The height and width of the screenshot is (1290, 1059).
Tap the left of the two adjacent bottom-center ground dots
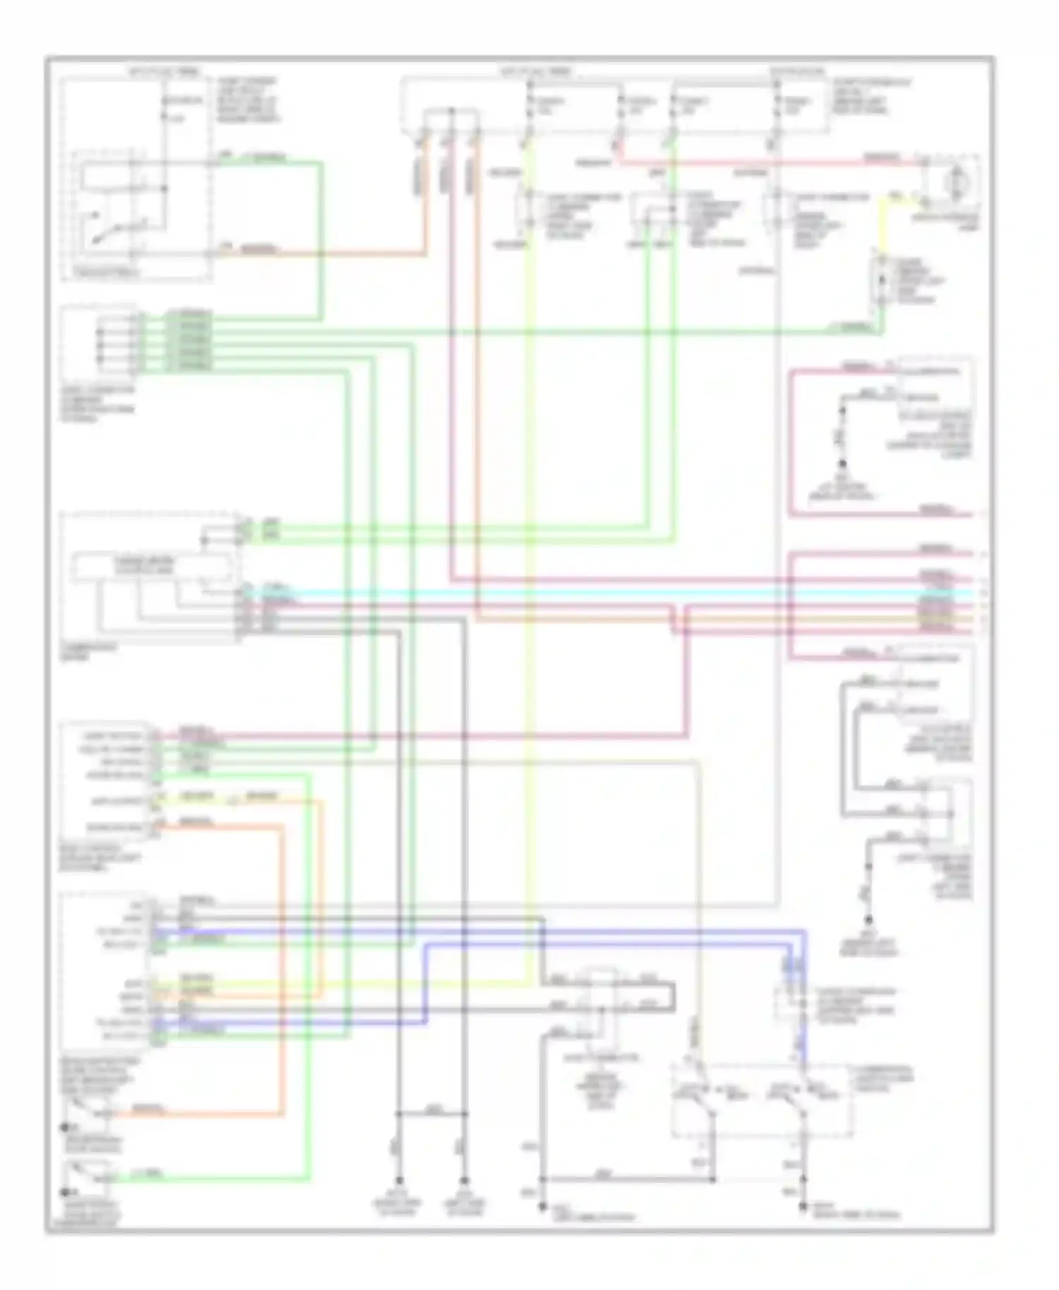coord(399,1180)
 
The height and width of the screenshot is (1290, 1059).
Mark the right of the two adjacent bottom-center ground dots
coord(464,1180)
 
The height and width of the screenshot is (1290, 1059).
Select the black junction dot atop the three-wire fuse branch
coord(451,111)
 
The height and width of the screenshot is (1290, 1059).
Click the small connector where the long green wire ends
coord(881,282)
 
